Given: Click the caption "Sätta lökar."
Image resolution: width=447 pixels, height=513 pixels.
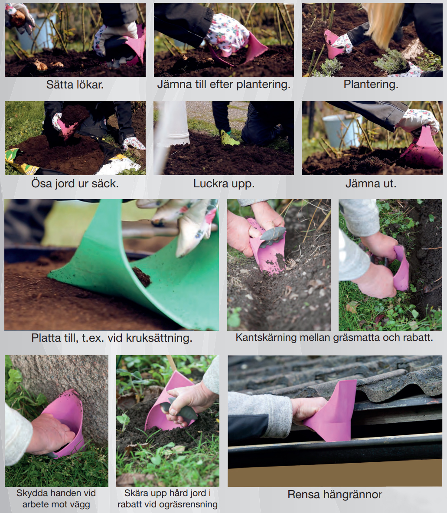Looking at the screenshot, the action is click(75, 85).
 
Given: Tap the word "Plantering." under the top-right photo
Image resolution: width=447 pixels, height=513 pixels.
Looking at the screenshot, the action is click(371, 85).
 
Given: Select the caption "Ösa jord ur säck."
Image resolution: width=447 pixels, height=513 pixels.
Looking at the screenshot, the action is click(75, 183).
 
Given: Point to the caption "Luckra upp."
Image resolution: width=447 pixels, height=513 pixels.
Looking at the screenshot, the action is click(224, 183).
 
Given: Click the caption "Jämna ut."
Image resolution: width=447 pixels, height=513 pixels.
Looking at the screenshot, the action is click(371, 183).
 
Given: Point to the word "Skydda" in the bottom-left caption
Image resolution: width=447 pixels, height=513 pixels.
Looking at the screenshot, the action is click(31, 493).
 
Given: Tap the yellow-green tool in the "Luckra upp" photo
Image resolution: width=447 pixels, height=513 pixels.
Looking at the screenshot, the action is click(229, 138).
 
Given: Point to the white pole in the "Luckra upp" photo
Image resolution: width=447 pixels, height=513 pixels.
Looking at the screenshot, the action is click(172, 131).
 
